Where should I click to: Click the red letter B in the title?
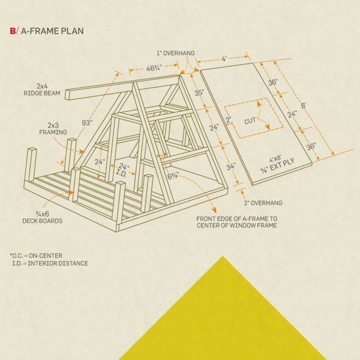(13, 31)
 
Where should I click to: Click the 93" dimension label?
(87, 123)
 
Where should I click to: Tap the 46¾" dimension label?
(154, 68)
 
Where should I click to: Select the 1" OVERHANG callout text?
(176, 53)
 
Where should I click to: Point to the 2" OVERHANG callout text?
(263, 203)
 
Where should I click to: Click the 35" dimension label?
(199, 93)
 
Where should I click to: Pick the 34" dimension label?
(231, 166)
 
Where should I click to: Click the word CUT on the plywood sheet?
(250, 121)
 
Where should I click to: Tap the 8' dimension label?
(304, 106)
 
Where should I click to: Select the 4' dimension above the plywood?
(224, 59)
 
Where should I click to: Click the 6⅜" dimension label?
(173, 176)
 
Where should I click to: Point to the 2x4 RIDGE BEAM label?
(42, 90)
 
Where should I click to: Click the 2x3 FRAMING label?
(53, 129)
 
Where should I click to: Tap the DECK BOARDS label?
(43, 221)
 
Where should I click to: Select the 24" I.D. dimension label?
(123, 170)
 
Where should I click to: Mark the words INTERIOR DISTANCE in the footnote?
(58, 263)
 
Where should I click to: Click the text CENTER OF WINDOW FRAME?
(237, 226)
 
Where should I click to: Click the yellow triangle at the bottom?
(223, 322)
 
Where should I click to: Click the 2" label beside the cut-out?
(229, 120)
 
